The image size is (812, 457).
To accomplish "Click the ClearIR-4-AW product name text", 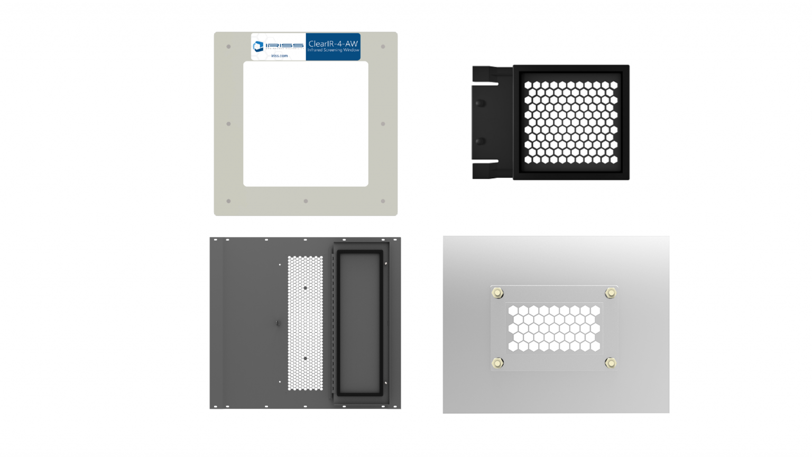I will [333, 43].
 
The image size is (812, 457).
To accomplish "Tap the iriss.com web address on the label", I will [279, 56].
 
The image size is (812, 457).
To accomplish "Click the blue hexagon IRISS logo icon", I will [258, 47].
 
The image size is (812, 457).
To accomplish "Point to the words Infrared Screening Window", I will [333, 50].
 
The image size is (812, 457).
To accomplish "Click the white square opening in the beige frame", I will [306, 124].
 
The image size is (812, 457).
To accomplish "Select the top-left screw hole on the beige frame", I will [228, 47].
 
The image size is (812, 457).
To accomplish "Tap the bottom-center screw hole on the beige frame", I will [306, 201].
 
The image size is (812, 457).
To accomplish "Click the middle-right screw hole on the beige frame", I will [383, 124].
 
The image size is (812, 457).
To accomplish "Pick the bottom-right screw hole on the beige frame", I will [383, 201].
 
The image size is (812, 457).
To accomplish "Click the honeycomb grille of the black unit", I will [571, 122].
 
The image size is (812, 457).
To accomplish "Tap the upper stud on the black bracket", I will [480, 103].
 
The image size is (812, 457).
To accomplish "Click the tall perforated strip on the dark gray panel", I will [305, 323].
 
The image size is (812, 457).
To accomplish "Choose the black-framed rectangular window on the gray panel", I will [360, 323].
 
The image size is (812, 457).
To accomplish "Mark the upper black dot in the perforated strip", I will [306, 288].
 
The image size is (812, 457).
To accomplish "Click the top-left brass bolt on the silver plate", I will [497, 293].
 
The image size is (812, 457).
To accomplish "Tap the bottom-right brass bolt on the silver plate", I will [611, 363].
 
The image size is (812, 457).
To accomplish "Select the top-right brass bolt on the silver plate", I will [611, 293].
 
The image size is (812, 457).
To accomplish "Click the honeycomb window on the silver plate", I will [554, 328].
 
